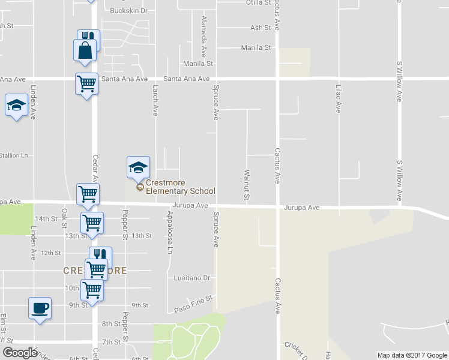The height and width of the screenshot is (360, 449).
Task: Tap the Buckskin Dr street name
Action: click(129, 11)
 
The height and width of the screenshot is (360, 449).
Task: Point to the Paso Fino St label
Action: click(193, 304)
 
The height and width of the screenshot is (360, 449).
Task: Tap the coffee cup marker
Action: click(40, 308)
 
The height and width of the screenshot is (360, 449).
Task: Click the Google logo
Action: click(20, 353)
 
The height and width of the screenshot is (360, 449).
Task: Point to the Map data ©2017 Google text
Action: click(412, 355)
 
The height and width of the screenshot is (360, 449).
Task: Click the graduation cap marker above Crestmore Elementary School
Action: click(138, 167)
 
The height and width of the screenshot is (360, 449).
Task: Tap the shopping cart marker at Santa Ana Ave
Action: click(87, 83)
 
